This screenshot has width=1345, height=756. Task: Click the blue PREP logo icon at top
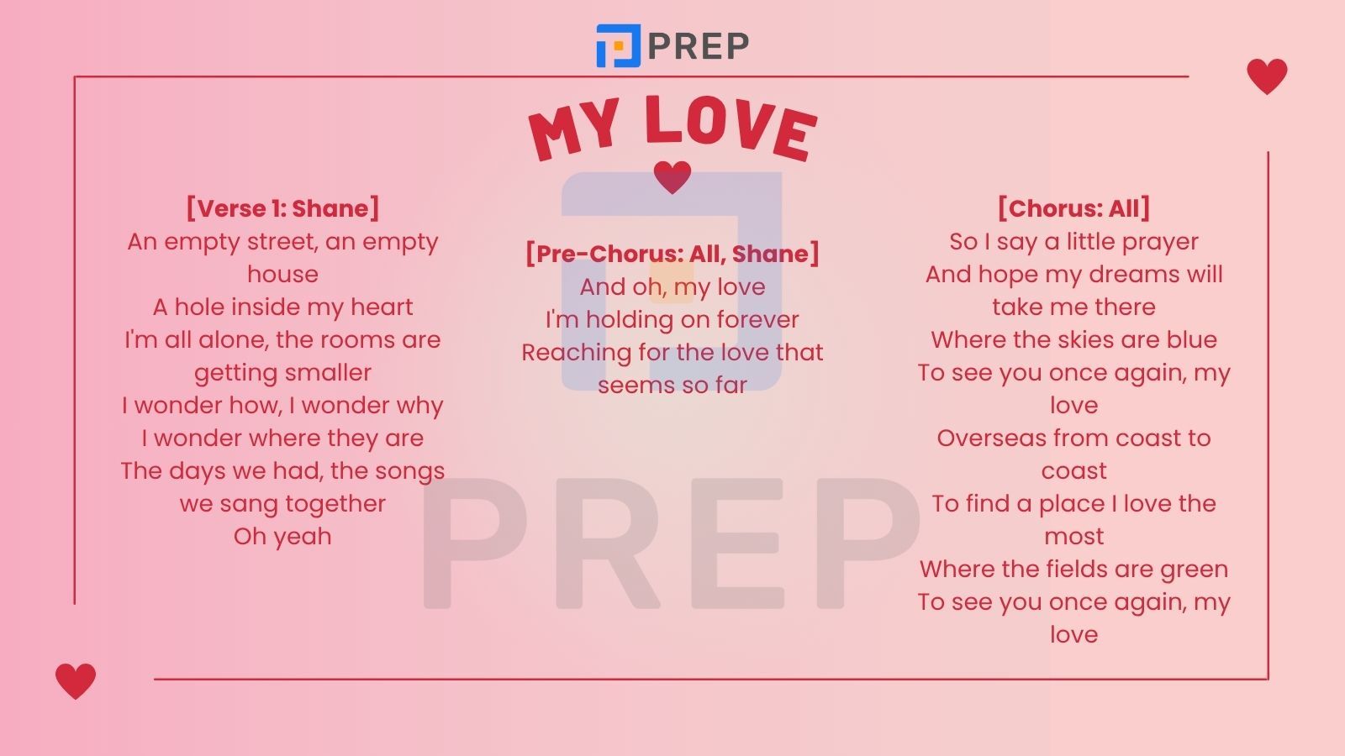(x=618, y=45)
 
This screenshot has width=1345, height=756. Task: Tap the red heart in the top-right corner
(x=1267, y=76)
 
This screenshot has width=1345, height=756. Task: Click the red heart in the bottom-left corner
(x=76, y=681)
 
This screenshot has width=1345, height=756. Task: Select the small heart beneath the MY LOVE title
(x=672, y=177)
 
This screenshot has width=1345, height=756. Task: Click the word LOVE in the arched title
(x=731, y=128)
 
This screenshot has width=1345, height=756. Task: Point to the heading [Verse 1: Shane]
(x=282, y=208)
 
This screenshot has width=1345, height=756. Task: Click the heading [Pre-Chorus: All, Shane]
(x=672, y=253)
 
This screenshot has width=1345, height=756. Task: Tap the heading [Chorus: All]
(x=1073, y=208)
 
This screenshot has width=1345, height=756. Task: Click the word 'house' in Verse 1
(x=282, y=274)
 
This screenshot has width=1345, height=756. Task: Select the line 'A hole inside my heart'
(x=282, y=307)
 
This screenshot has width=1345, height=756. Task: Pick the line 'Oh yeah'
(x=282, y=537)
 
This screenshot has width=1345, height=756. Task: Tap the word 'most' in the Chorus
(x=1073, y=537)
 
